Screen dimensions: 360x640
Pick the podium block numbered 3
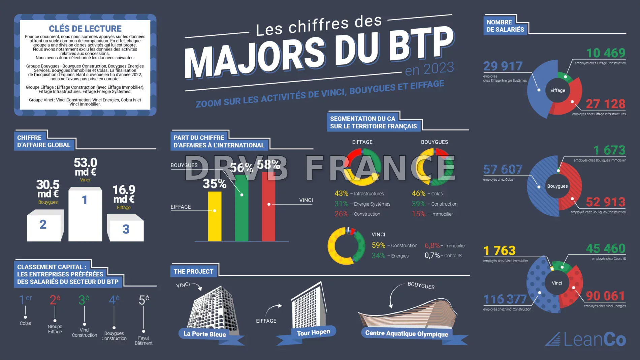tap(126, 231)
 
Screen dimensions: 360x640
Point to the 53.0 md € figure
tap(85, 167)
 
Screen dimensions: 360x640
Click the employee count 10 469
tap(606, 53)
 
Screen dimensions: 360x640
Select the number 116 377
tap(505, 299)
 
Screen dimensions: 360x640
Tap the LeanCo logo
tap(586, 339)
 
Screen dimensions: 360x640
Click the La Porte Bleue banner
tap(205, 334)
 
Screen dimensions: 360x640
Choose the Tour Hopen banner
tap(313, 333)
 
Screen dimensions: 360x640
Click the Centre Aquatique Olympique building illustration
tap(408, 312)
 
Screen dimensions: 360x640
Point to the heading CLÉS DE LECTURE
tap(85, 29)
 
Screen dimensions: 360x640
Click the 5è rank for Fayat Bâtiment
tap(144, 300)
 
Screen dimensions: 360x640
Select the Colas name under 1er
tap(25, 323)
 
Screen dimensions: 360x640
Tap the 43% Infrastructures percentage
tap(341, 193)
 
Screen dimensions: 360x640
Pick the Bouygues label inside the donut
tap(557, 186)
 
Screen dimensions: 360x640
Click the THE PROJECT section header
tap(193, 271)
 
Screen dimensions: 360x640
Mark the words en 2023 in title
tap(429, 69)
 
